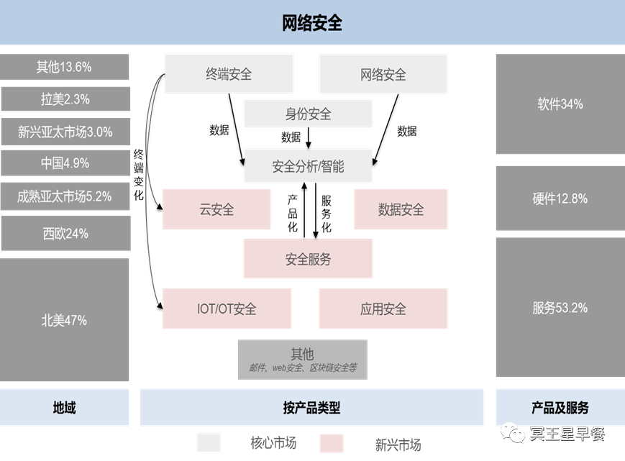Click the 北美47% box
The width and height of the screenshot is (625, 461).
point(65,320)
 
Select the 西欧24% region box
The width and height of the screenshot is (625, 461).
point(65,233)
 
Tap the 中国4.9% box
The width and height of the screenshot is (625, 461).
point(65,163)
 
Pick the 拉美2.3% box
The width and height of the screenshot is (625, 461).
point(65,99)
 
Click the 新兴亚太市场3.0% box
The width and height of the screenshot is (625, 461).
point(65,132)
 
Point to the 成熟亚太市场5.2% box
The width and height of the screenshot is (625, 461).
point(65,196)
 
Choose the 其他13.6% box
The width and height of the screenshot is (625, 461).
point(65,67)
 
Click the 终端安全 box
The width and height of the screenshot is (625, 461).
point(229,73)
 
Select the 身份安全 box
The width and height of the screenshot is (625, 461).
point(308,114)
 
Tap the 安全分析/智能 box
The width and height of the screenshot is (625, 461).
point(308,166)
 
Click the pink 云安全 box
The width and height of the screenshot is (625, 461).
point(216,209)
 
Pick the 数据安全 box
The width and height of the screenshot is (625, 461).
point(401,209)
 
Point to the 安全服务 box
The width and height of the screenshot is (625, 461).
point(308,259)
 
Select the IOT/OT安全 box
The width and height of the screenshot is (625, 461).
point(227,309)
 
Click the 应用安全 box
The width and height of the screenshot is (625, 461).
point(383,309)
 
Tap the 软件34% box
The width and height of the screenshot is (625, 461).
point(560,104)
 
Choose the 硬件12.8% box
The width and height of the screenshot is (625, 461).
point(560,198)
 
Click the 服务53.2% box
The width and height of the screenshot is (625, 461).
point(560,308)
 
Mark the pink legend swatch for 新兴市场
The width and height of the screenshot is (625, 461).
point(332,443)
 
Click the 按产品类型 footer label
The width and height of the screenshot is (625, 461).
point(311,408)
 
